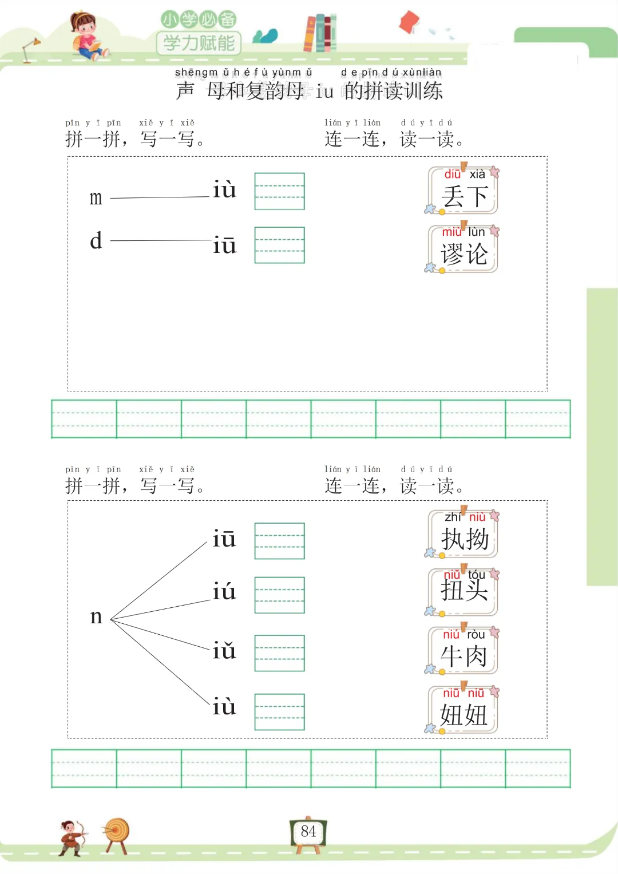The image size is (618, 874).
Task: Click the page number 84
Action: [308, 832]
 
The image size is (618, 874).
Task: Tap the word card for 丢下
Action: [463, 191]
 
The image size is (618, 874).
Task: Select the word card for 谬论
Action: [463, 250]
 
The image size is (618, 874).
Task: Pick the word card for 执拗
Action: [463, 534]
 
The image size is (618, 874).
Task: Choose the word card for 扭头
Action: [463, 592]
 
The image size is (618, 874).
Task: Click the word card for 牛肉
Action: [463, 651]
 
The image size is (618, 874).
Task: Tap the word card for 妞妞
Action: [463, 710]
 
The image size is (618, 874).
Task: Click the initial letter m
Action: [96, 198]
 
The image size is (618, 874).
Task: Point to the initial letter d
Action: [96, 241]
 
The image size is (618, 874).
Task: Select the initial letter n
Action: [96, 617]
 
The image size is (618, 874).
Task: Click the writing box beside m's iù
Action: [279, 191]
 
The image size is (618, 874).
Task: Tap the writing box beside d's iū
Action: [279, 245]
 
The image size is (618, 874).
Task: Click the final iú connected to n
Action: [224, 592]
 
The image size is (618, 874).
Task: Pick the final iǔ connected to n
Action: [224, 651]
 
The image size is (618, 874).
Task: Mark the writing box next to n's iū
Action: [279, 541]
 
